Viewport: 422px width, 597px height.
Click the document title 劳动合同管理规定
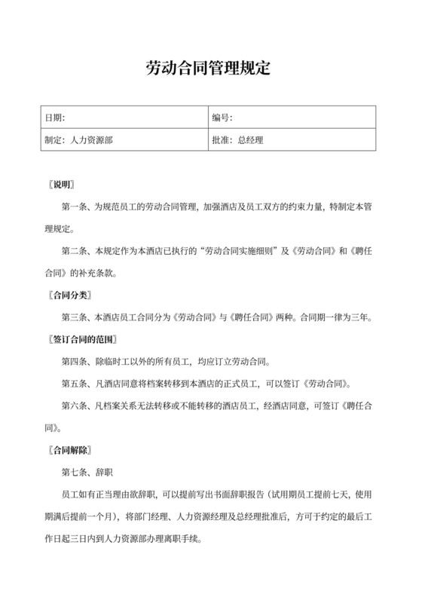(207, 69)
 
